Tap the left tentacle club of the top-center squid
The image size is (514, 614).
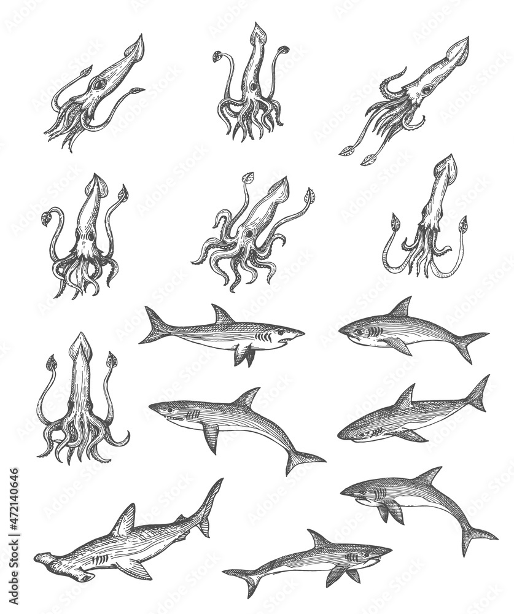217,56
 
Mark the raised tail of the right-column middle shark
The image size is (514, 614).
479,393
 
